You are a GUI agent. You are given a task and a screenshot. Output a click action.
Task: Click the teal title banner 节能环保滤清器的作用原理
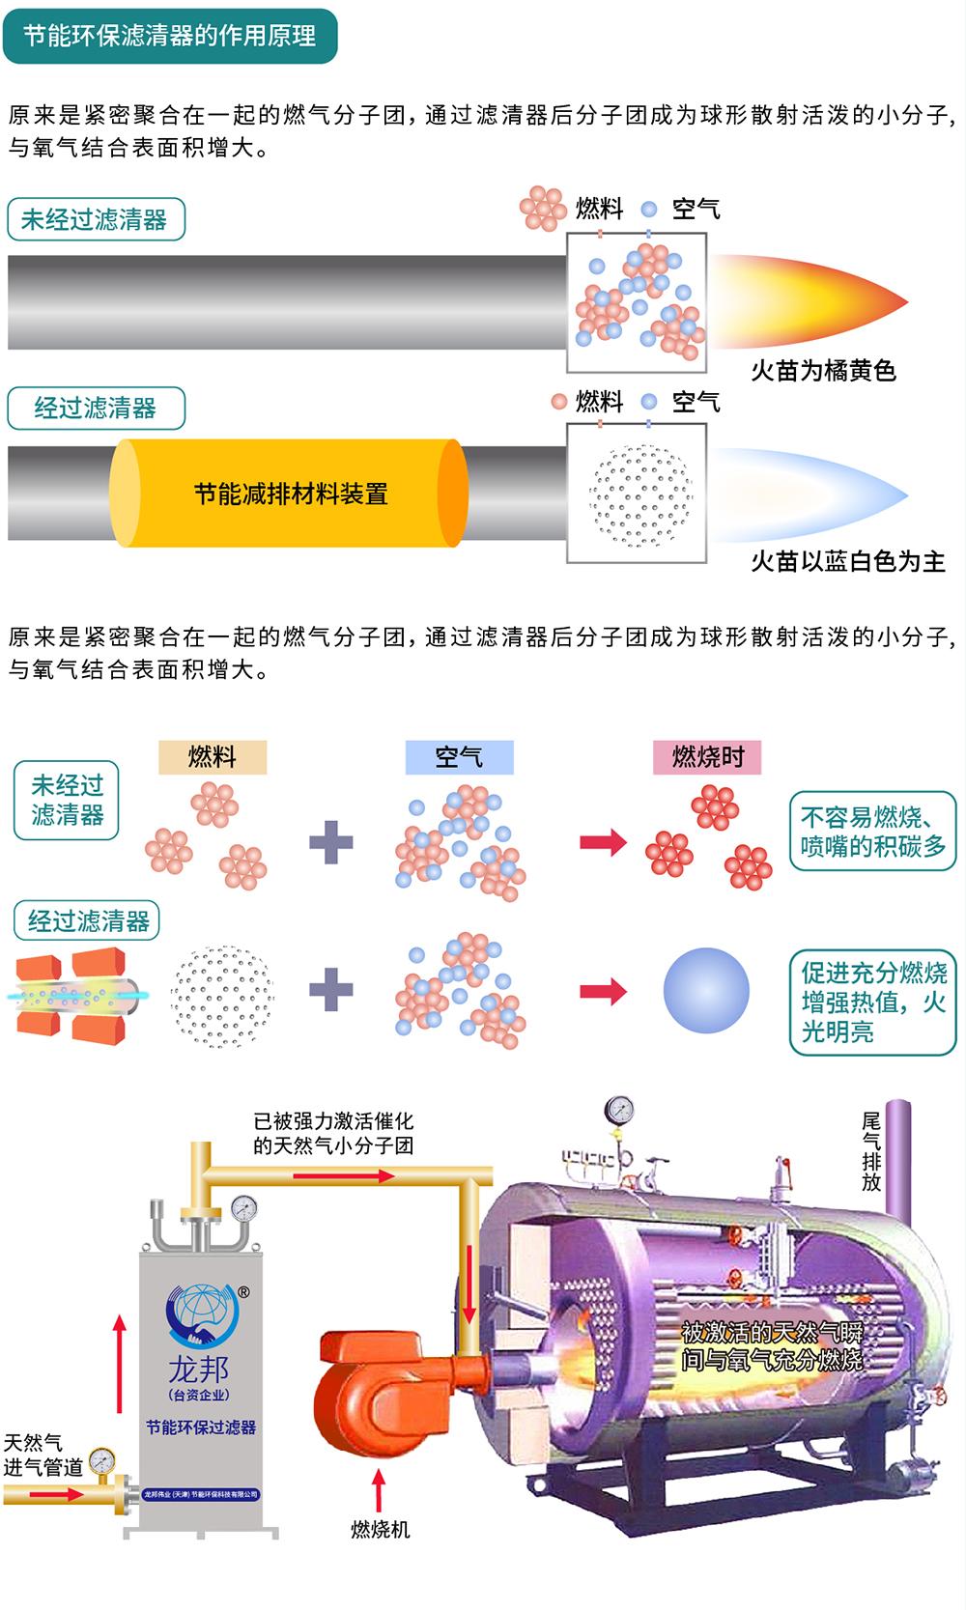click(170, 36)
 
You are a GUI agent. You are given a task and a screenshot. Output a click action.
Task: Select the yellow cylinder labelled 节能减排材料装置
click(289, 494)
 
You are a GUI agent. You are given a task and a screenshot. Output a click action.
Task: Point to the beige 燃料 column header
click(213, 757)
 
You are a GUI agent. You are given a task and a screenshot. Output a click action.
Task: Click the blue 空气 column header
click(459, 757)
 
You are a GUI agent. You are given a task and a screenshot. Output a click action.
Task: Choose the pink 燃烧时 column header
click(707, 757)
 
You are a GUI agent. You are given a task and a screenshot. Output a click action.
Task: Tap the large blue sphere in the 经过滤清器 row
click(706, 991)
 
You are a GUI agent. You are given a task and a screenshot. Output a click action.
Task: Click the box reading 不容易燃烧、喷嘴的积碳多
click(872, 831)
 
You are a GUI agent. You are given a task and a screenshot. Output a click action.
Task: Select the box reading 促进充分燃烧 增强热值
click(872, 1002)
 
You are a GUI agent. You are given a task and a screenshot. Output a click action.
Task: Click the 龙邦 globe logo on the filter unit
click(202, 1315)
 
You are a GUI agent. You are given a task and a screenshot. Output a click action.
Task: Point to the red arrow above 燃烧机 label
click(379, 1489)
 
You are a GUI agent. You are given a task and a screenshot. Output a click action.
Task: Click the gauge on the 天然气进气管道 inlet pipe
click(102, 1460)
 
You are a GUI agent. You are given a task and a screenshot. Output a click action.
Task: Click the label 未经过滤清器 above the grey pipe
click(97, 219)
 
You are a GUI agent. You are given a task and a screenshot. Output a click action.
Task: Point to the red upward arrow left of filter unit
click(120, 1364)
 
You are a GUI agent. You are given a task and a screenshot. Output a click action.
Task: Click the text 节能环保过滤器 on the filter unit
click(201, 1427)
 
